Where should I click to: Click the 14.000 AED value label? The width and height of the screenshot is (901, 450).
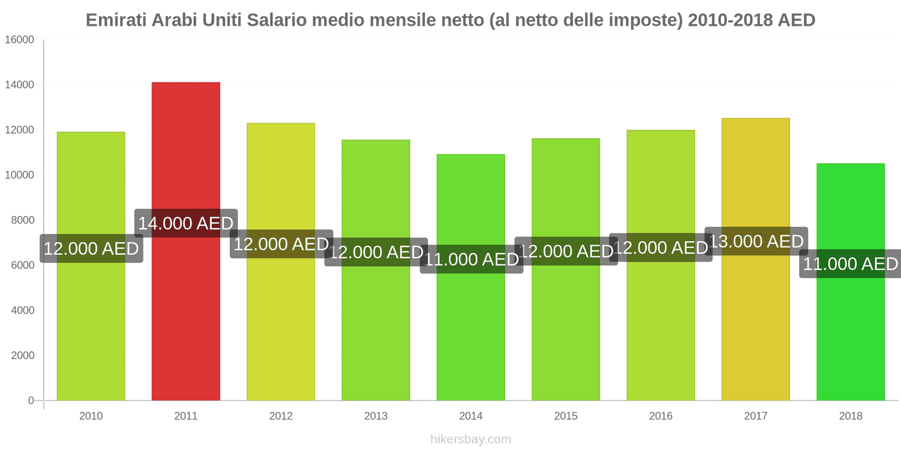tap(186, 223)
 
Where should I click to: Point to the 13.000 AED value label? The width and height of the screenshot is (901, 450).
tap(756, 241)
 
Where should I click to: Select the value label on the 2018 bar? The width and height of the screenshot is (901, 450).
tap(850, 264)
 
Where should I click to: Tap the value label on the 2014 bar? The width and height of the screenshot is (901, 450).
tap(471, 259)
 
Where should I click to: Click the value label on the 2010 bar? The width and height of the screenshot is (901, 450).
tap(91, 249)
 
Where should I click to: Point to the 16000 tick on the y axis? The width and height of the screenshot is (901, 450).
tap(20, 40)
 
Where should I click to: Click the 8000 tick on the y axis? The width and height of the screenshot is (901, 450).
tap(23, 220)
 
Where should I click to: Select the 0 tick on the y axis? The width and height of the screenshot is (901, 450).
tap(31, 400)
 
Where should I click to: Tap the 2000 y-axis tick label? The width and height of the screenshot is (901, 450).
tap(23, 355)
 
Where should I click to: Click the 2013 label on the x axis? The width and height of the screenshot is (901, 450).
tap(376, 416)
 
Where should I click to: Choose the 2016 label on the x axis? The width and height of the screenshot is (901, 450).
tap(661, 416)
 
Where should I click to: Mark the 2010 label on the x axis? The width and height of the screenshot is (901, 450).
tap(91, 416)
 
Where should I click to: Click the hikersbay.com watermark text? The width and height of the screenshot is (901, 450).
tap(471, 439)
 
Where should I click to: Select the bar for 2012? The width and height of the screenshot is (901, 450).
tap(280, 326)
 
